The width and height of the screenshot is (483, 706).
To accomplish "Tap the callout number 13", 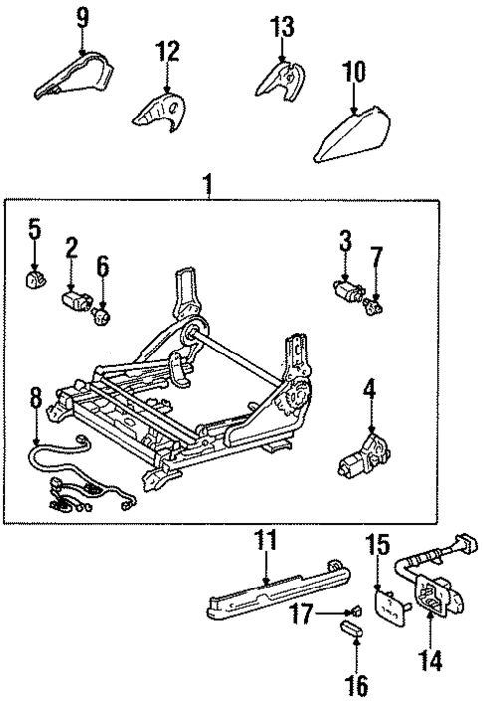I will (x=282, y=25).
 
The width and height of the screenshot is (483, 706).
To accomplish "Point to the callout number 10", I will (x=354, y=71).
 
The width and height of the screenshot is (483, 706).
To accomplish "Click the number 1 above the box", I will (x=207, y=185).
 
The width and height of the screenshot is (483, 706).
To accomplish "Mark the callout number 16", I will (x=356, y=685).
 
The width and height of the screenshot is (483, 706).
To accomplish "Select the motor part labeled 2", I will (x=74, y=298).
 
